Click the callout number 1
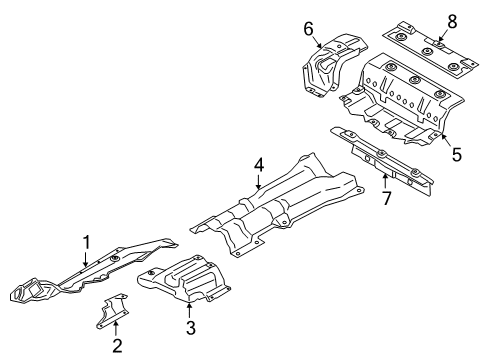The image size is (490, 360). (x=86, y=242)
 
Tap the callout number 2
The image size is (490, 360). (x=117, y=346)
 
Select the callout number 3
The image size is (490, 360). (x=190, y=328)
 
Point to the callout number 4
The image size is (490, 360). (x=259, y=165)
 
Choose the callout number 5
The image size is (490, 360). (x=457, y=155)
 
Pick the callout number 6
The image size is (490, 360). (x=308, y=29)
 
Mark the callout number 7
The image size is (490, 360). (x=386, y=199)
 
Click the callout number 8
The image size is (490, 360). (x=452, y=22)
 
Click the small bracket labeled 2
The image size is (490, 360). (x=112, y=311)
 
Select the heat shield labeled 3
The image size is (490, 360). (x=185, y=278)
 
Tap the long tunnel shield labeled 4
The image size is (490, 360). (x=277, y=207)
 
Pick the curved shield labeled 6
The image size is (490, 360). (x=333, y=65)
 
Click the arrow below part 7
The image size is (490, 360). (x=385, y=182)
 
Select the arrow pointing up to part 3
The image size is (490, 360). (x=189, y=310)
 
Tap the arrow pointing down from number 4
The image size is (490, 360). (x=258, y=182)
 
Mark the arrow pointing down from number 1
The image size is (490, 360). (x=86, y=259)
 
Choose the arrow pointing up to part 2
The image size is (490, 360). (x=116, y=328)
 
